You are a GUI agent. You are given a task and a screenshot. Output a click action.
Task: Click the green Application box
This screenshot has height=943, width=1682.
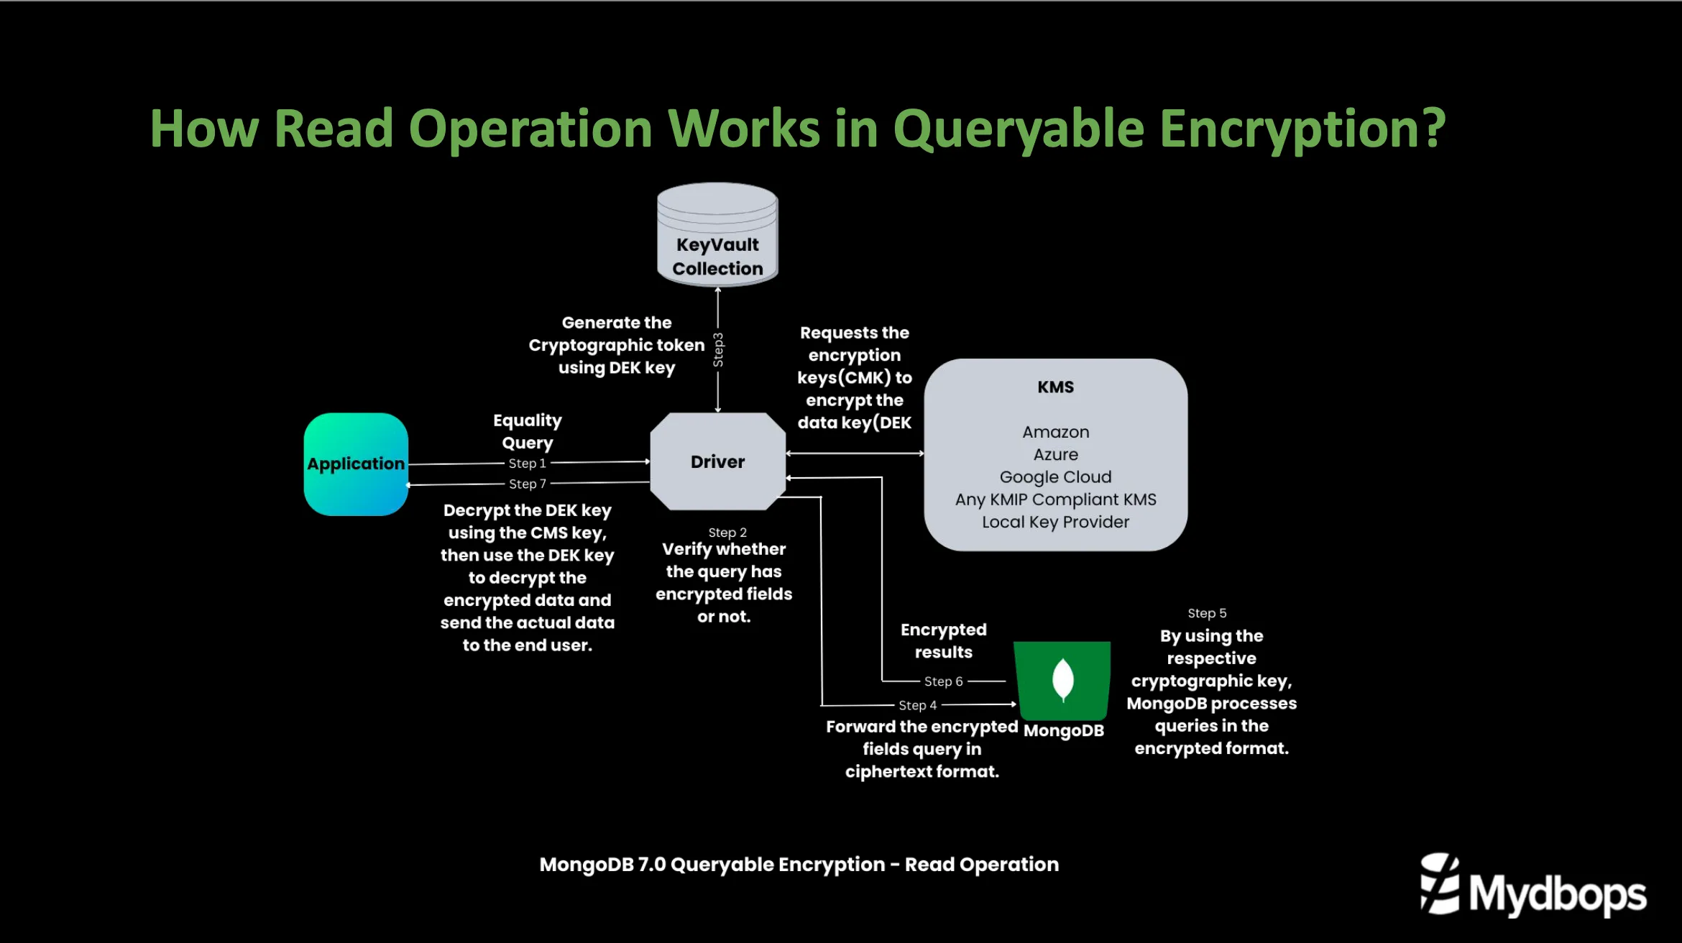356,464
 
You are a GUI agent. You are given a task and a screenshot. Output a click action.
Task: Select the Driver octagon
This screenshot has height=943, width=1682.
717,461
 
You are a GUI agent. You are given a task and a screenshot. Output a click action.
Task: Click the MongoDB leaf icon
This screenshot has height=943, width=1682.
1062,680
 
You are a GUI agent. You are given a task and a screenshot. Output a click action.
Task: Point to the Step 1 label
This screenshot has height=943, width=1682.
528,464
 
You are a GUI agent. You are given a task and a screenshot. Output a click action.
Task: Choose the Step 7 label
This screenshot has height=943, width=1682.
528,484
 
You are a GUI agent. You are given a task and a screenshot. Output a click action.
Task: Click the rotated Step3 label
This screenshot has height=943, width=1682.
718,350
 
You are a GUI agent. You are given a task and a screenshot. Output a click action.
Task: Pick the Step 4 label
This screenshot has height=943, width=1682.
917,706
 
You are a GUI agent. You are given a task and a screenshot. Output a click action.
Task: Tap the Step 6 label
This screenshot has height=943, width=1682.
943,681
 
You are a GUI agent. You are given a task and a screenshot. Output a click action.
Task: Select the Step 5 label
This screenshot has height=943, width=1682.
1207,613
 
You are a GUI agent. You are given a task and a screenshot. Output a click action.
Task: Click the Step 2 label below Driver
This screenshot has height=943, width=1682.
727,533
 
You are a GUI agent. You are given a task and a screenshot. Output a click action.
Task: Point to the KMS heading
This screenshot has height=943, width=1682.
1055,387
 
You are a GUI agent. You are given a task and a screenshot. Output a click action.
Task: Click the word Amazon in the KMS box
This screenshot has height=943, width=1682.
1055,432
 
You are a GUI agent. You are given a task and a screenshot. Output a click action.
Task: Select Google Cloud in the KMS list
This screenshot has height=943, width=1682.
1055,477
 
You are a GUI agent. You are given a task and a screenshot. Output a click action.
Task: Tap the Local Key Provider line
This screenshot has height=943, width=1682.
1055,523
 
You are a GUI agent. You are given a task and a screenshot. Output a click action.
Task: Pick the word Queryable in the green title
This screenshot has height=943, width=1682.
1018,129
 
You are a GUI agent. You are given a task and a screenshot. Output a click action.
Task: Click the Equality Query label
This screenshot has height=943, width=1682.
528,431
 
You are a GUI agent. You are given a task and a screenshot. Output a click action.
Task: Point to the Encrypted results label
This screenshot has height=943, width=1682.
943,641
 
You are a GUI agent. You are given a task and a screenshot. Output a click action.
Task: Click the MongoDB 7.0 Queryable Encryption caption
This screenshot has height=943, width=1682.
799,865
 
